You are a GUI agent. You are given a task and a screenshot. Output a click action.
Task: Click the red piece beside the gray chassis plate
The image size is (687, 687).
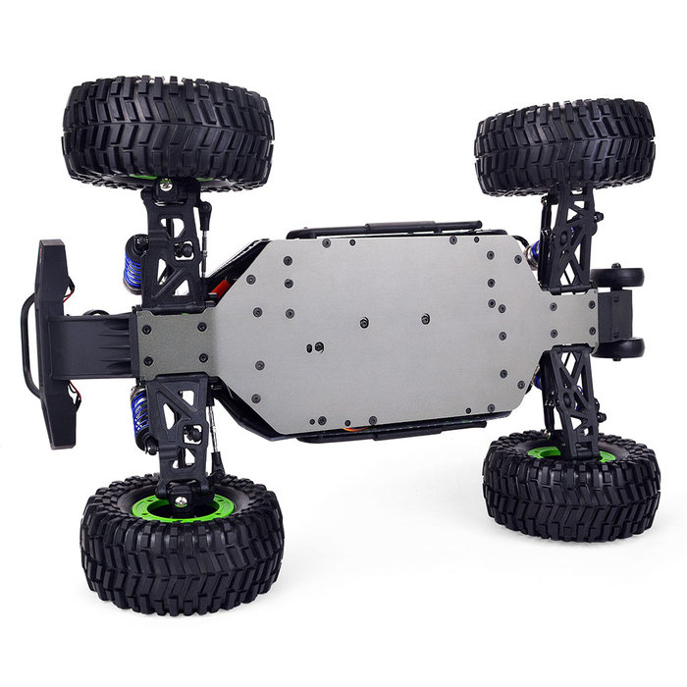[221, 288]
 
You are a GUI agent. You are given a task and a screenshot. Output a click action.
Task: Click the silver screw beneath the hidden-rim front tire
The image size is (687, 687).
[166, 185]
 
